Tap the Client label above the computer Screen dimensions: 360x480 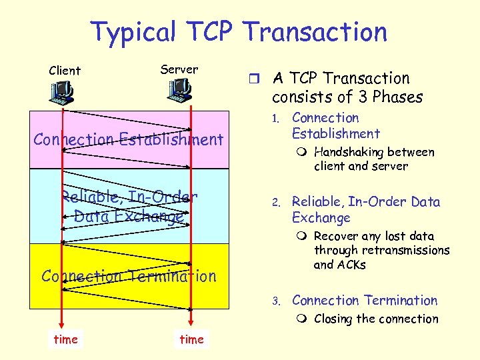pyautogui.click(x=65, y=71)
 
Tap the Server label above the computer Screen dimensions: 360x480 pyautogui.click(x=179, y=69)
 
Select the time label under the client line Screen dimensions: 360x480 pyautogui.click(x=65, y=339)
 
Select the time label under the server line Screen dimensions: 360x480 pyautogui.click(x=191, y=339)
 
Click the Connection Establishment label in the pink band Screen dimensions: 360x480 pyautogui.click(x=128, y=139)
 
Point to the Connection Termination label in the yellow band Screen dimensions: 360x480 pyautogui.click(x=129, y=276)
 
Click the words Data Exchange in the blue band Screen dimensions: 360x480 pyautogui.click(x=129, y=217)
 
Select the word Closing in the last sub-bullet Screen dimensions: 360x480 pyautogui.click(x=332, y=319)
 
